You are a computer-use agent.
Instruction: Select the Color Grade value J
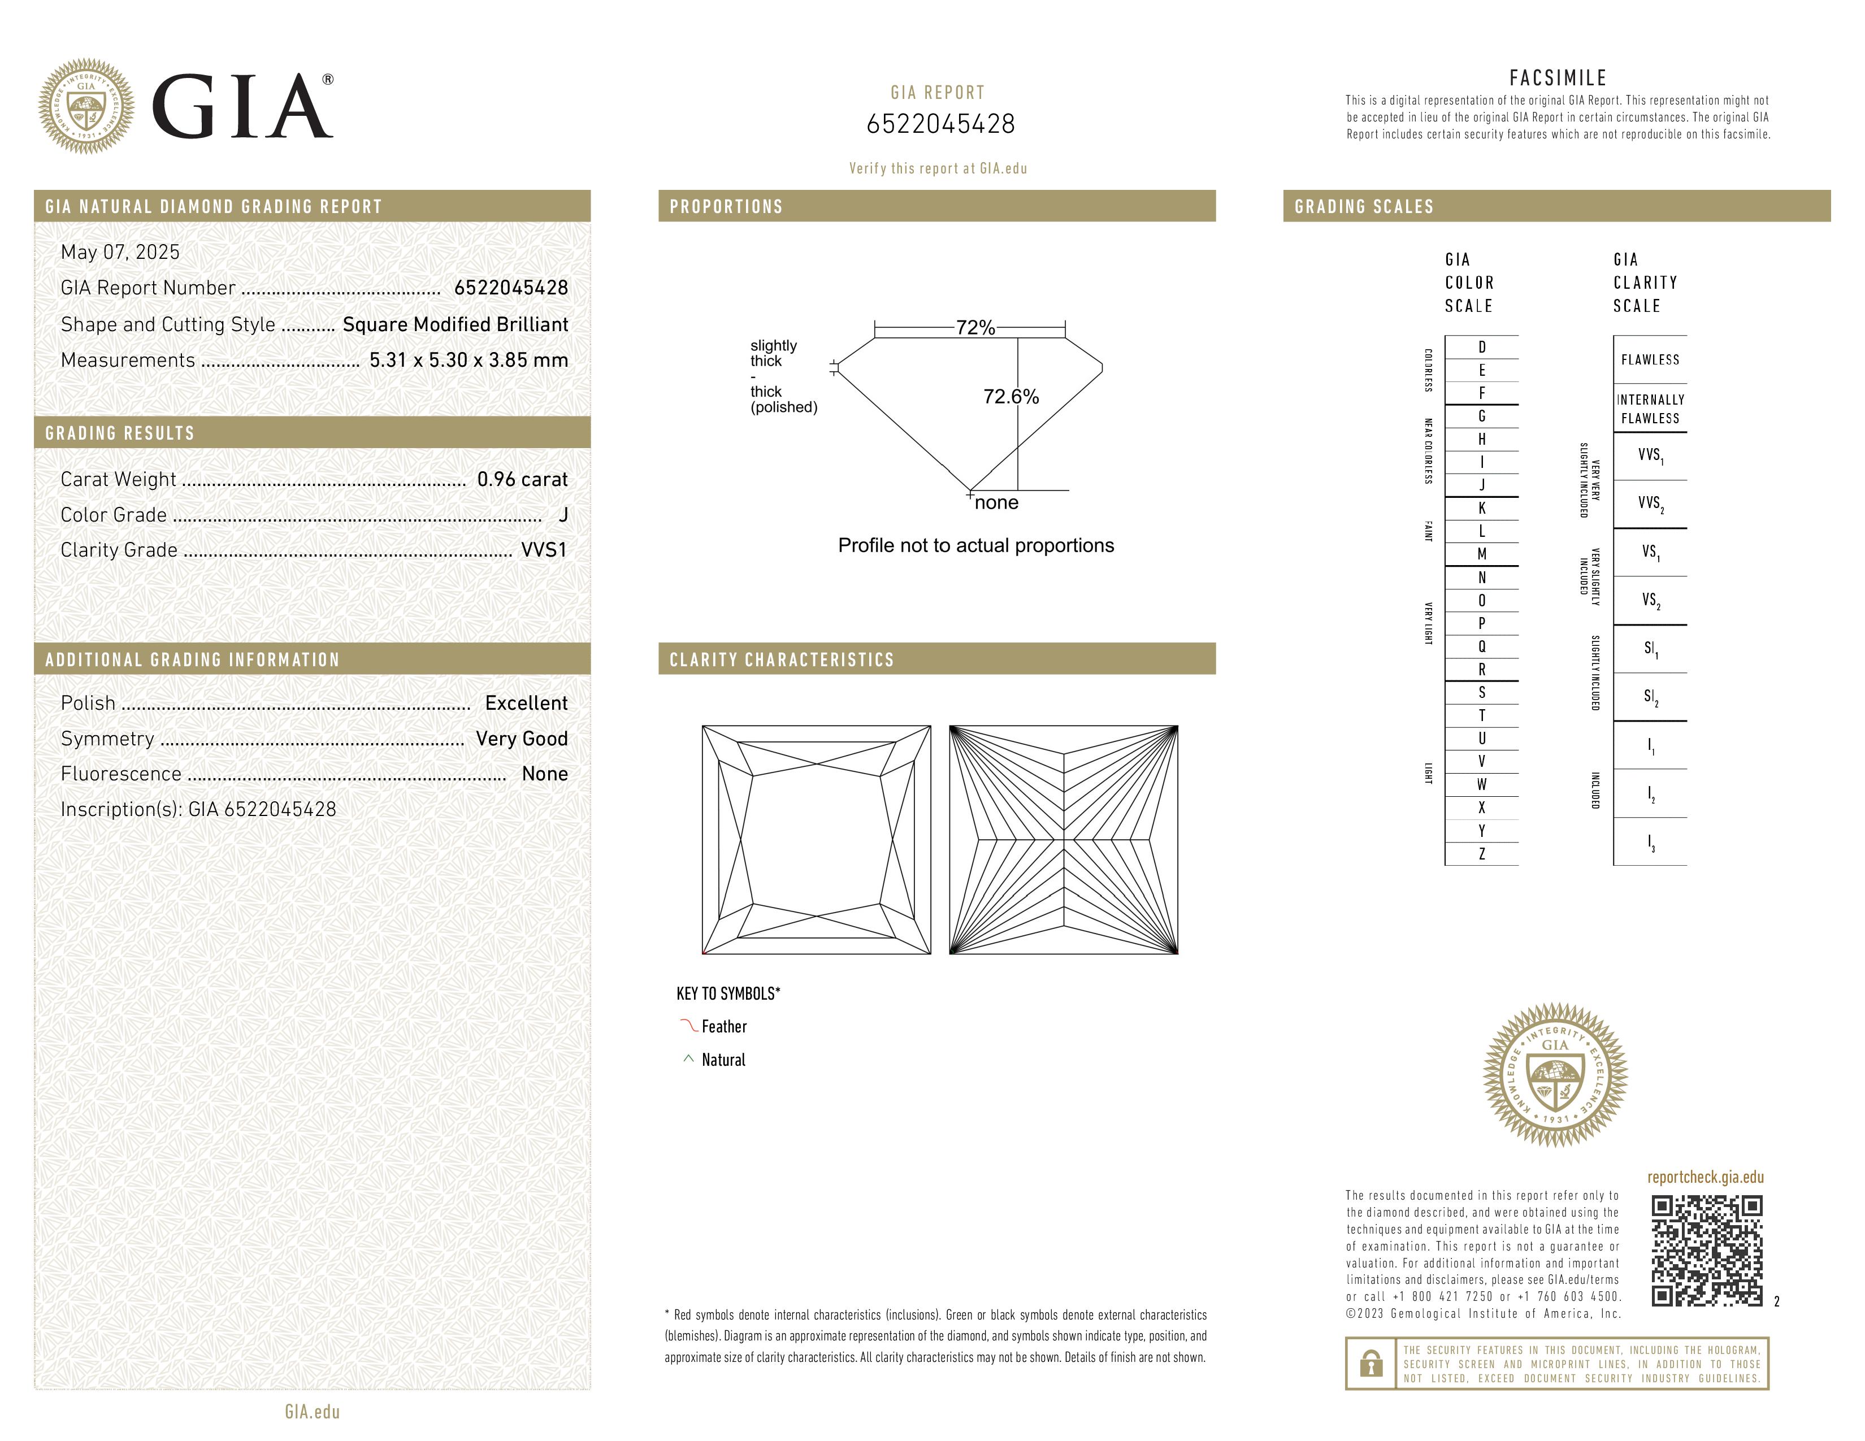pyautogui.click(x=563, y=515)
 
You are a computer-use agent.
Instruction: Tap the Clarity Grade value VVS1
pyautogui.click(x=544, y=550)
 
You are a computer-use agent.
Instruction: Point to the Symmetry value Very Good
pyautogui.click(x=522, y=739)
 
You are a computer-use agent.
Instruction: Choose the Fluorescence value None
pyautogui.click(x=545, y=774)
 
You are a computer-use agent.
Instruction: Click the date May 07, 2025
pyautogui.click(x=120, y=252)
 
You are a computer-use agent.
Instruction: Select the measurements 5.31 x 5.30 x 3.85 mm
pyautogui.click(x=468, y=361)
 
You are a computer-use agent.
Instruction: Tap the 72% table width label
pyautogui.click(x=975, y=328)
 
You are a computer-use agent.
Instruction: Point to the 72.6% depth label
pyautogui.click(x=1011, y=397)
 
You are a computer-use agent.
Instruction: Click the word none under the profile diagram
pyautogui.click(x=996, y=503)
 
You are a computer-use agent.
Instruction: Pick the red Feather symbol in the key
pyautogui.click(x=688, y=1025)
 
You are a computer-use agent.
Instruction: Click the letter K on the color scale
pyautogui.click(x=1482, y=508)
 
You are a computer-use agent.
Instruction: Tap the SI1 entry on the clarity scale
pyautogui.click(x=1650, y=649)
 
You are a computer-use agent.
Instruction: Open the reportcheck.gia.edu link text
pyautogui.click(x=1705, y=1177)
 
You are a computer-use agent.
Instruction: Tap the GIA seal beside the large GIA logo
pyautogui.click(x=86, y=106)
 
